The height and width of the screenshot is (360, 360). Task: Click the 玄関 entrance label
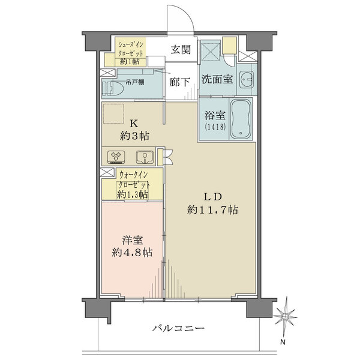(181, 50)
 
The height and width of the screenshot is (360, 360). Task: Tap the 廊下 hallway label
(180, 82)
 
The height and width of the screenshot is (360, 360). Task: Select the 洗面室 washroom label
(217, 79)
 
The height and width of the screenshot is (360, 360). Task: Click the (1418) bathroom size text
(215, 127)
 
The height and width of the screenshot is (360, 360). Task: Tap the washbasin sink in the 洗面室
(247, 79)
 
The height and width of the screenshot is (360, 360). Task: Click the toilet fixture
(113, 88)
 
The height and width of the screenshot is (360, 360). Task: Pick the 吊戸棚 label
(135, 82)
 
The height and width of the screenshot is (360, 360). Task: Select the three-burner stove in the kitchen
(116, 157)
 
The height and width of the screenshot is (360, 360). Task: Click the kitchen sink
(145, 157)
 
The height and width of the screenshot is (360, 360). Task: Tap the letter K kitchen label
(134, 124)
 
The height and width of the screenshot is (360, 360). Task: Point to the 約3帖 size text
(134, 136)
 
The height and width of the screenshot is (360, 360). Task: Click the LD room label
(213, 197)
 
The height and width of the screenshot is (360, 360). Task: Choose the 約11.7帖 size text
(212, 210)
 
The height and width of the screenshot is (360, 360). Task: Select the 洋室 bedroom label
(133, 241)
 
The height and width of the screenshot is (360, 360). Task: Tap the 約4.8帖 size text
(132, 253)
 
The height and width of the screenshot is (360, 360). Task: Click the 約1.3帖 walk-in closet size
(132, 195)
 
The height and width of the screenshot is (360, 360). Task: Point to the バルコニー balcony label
(178, 328)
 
